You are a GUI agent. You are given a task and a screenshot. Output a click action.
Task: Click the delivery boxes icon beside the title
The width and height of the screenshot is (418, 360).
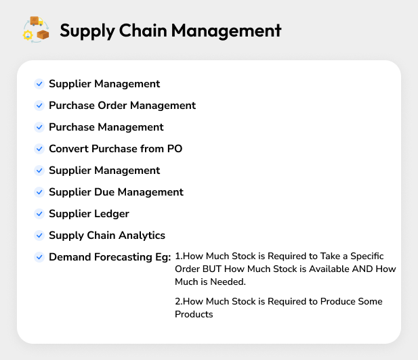(x=37, y=30)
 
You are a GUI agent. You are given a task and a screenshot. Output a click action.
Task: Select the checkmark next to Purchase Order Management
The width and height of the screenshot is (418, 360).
(x=39, y=106)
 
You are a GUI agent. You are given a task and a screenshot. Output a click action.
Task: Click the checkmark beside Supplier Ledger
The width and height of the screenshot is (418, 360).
(x=39, y=214)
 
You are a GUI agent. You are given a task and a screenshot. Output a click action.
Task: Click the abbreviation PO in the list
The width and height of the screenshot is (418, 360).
(x=175, y=149)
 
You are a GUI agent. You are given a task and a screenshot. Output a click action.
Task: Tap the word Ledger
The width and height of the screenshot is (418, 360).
(x=111, y=214)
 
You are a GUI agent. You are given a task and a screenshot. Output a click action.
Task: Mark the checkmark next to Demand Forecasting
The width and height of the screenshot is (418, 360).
(x=39, y=257)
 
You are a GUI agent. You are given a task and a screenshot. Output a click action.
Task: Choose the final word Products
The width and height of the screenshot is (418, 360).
(x=194, y=314)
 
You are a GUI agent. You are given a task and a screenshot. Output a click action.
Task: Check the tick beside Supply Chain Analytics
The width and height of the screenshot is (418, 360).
(x=39, y=235)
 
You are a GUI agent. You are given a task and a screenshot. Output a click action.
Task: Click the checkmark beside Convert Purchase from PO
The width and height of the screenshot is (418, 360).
(x=39, y=149)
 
